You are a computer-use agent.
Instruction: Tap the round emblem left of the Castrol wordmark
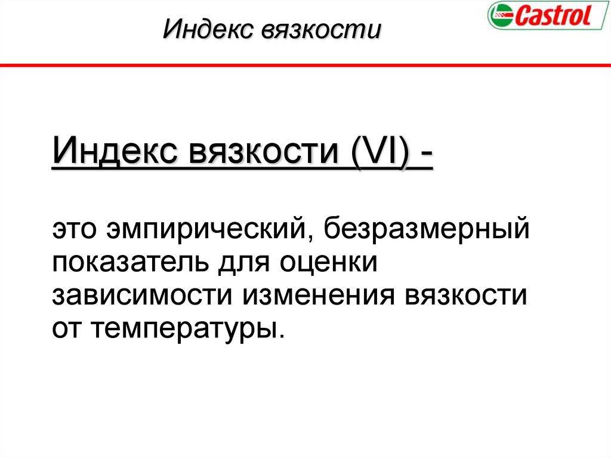[499, 16]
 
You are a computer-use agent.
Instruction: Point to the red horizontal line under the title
[305, 64]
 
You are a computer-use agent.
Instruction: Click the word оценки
[334, 263]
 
